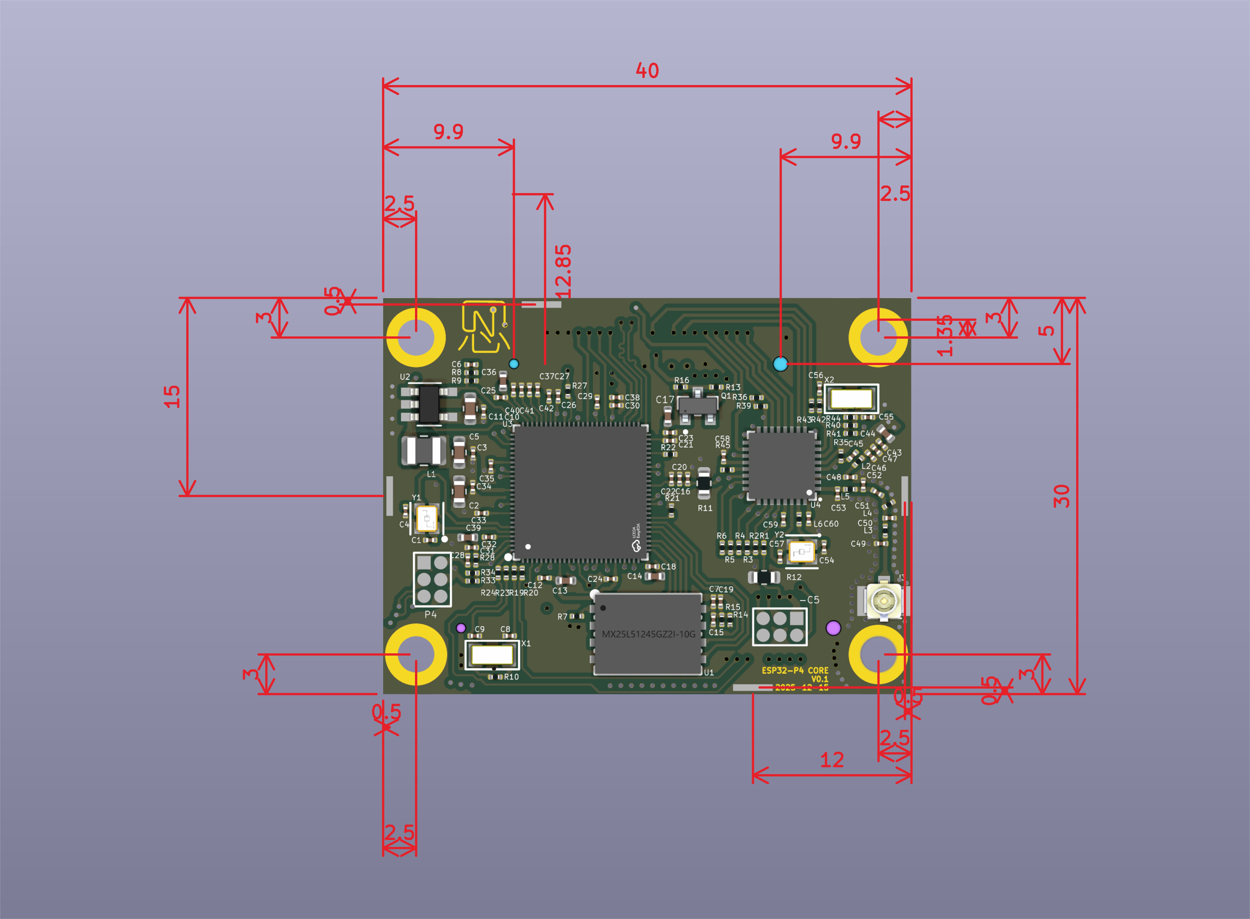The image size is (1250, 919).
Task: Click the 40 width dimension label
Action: coord(647,71)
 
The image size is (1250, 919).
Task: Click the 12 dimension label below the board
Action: coord(832,760)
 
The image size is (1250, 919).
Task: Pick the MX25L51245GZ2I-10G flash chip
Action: coord(648,634)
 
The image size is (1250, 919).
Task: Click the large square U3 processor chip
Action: coord(580,492)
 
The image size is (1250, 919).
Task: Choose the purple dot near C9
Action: coord(461,628)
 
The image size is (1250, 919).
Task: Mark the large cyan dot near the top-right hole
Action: coord(781,364)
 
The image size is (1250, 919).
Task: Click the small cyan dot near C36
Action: coord(514,364)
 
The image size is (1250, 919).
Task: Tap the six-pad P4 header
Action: coord(432,579)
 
